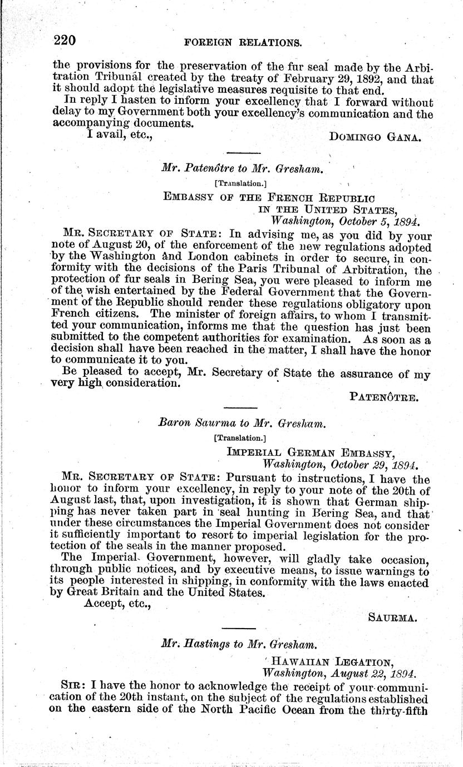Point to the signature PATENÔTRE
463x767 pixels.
[389, 396]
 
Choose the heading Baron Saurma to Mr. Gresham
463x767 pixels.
[242, 423]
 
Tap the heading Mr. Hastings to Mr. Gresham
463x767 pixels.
[239, 646]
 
